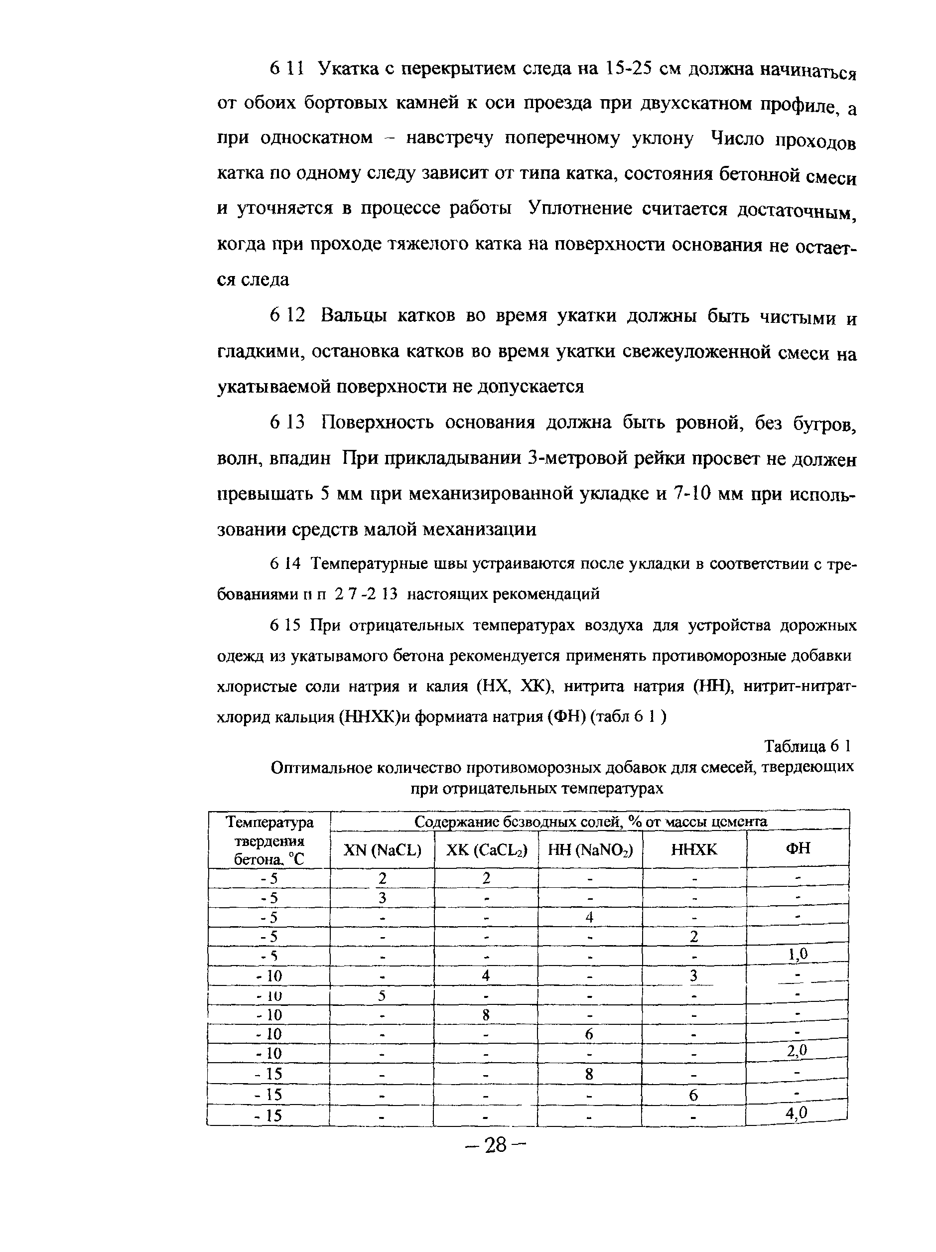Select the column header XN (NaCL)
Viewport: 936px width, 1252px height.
click(x=383, y=849)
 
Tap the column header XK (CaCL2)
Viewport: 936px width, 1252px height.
click(x=486, y=849)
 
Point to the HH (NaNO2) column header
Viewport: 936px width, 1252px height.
click(x=590, y=849)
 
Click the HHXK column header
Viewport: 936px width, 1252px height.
click(x=694, y=849)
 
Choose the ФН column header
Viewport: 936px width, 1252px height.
click(x=798, y=848)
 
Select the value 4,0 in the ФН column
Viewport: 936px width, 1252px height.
click(x=796, y=1113)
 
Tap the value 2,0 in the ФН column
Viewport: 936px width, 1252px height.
click(x=797, y=1050)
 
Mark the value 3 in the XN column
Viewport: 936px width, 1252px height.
click(x=383, y=898)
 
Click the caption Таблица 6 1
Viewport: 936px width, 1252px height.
click(x=807, y=746)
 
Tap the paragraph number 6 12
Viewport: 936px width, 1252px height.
click(x=287, y=315)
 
